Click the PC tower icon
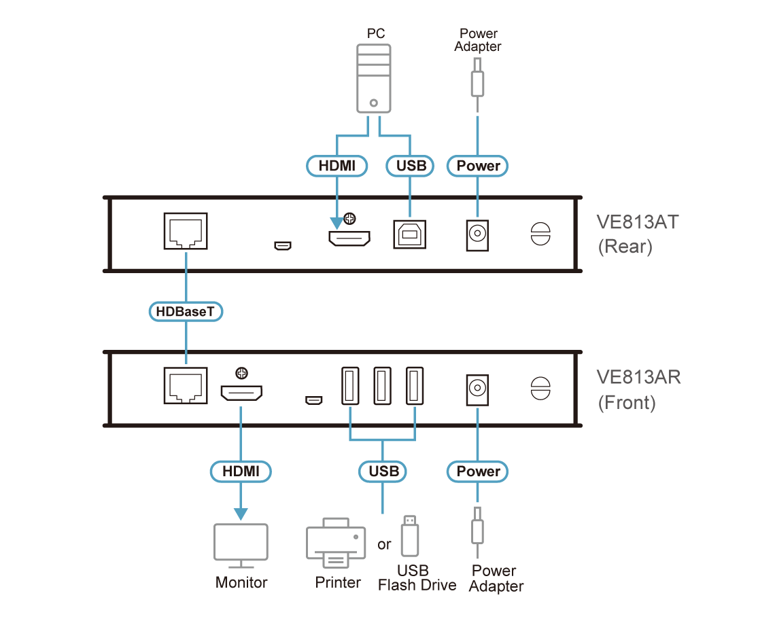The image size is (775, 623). click(x=374, y=79)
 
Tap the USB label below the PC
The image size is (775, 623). click(x=410, y=166)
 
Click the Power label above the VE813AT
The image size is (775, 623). click(x=478, y=166)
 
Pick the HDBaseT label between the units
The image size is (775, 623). click(x=186, y=312)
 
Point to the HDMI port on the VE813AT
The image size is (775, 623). click(x=349, y=238)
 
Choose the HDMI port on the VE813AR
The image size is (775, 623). click(x=241, y=393)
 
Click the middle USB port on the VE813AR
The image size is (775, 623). click(x=381, y=386)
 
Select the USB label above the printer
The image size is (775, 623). click(x=382, y=471)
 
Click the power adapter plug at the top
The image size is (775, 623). click(x=478, y=77)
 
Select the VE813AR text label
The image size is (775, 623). click(x=637, y=377)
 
